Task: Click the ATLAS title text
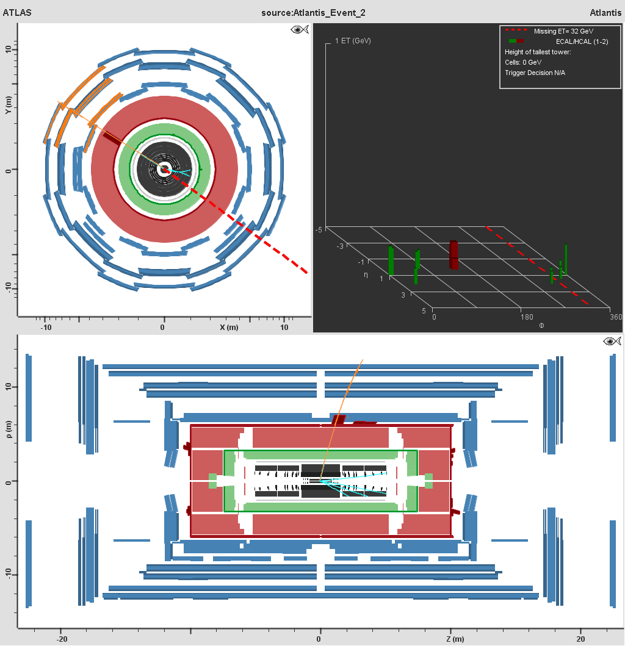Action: click(17, 12)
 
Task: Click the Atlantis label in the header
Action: click(605, 12)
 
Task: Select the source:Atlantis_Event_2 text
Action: click(313, 13)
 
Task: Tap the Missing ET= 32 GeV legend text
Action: click(563, 31)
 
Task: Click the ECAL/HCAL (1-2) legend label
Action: click(582, 41)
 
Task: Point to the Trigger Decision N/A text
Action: click(535, 73)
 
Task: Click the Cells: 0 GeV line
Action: click(522, 63)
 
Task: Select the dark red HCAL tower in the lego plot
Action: click(453, 254)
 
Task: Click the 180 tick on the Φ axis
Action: click(527, 317)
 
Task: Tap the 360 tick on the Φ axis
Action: click(615, 317)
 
